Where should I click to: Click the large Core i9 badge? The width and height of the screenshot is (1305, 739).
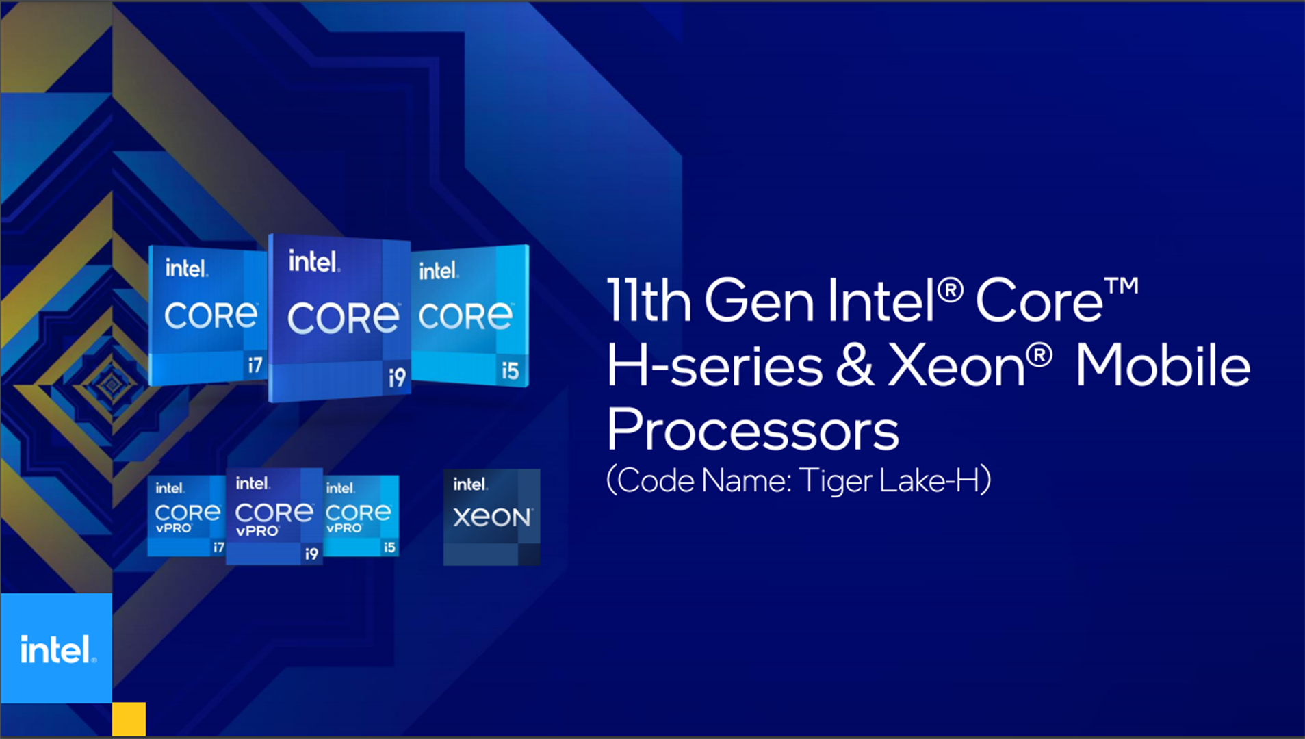pyautogui.click(x=340, y=318)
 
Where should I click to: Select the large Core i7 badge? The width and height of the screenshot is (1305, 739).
pyautogui.click(x=207, y=315)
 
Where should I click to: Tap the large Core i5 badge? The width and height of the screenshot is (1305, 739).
pyautogui.click(x=470, y=315)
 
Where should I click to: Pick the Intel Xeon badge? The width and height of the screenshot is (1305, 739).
pyautogui.click(x=492, y=517)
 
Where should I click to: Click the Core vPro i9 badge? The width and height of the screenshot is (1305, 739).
pyautogui.click(x=274, y=516)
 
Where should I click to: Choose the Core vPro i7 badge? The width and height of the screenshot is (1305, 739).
pyautogui.click(x=187, y=515)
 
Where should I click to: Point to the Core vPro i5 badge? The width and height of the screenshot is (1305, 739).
pyautogui.click(x=361, y=515)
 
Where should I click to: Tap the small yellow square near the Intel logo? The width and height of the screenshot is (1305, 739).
pyautogui.click(x=129, y=718)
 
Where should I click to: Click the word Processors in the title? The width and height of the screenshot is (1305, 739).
pyautogui.click(x=753, y=431)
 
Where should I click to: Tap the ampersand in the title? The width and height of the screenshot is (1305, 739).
pyautogui.click(x=855, y=365)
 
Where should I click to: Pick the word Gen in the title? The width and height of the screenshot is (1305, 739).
pyautogui.click(x=759, y=300)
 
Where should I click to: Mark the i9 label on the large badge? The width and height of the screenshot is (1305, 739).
pyautogui.click(x=397, y=377)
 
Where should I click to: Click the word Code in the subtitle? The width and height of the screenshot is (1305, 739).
pyautogui.click(x=656, y=480)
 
